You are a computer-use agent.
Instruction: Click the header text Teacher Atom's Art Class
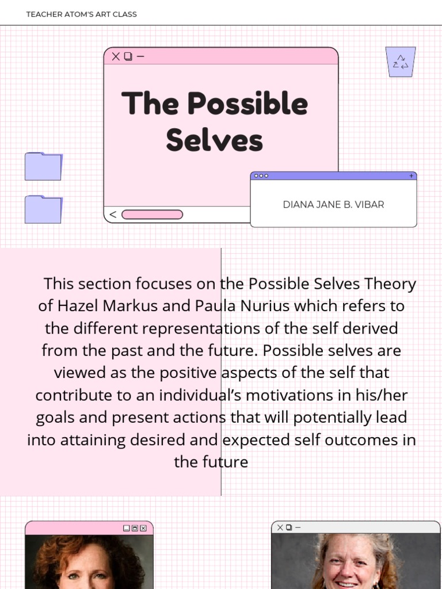81,14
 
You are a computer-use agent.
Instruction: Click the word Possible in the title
247,104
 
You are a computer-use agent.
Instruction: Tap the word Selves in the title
214,140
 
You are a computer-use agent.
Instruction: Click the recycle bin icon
401,62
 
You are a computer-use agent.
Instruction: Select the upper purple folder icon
43,166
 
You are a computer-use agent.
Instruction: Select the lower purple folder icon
43,209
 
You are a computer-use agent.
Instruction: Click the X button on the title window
116,56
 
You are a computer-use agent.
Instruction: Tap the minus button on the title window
141,56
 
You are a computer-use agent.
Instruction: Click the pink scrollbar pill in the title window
152,215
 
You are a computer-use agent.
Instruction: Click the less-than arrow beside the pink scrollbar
113,215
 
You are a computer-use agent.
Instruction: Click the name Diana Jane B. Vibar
333,205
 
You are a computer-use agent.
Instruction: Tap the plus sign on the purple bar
411,175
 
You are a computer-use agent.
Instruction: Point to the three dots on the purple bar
261,175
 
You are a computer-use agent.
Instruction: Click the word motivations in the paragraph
265,396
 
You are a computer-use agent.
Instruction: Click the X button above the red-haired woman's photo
143,528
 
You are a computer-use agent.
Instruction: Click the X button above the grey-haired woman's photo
280,527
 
